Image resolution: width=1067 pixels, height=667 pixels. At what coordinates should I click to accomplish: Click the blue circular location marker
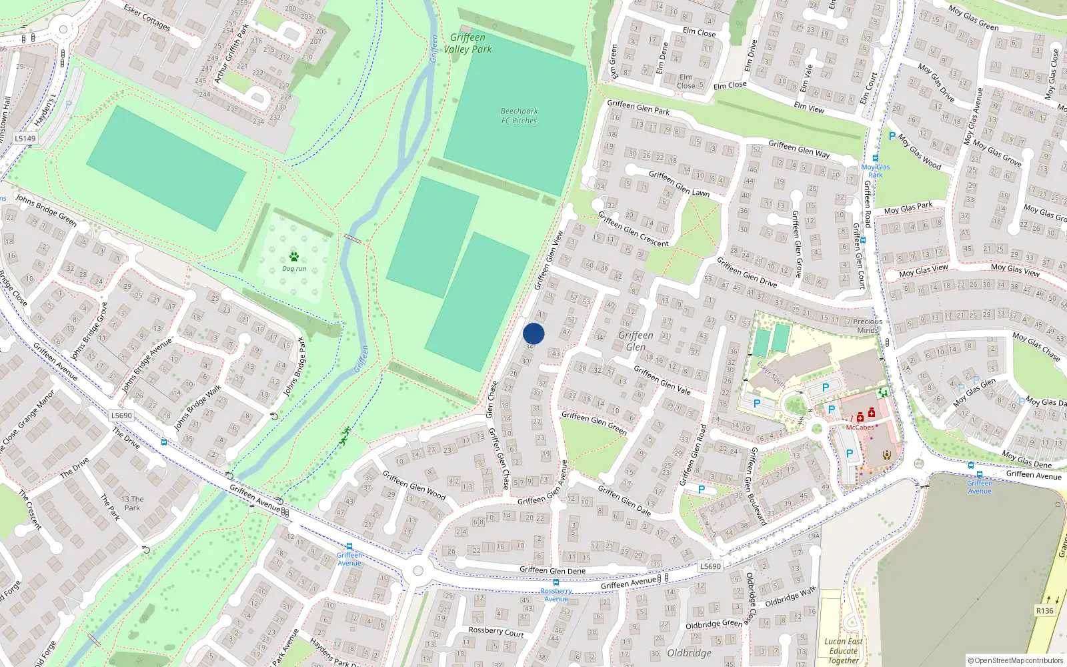click(533, 333)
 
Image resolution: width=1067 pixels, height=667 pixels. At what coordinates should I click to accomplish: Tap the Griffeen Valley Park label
click(467, 43)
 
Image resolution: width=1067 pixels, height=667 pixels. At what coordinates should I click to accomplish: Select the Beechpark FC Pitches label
click(519, 116)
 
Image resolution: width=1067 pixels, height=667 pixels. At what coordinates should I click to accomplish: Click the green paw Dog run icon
click(294, 257)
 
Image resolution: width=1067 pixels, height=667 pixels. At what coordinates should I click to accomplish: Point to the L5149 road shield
click(25, 139)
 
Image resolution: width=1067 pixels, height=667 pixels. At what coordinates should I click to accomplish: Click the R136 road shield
click(1044, 611)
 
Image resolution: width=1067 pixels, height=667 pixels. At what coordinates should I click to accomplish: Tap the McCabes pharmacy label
click(860, 428)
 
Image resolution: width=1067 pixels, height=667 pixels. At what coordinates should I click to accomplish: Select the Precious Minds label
click(867, 325)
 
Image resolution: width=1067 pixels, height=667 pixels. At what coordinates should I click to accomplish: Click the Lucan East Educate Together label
click(844, 651)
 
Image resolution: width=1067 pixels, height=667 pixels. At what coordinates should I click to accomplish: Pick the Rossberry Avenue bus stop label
click(556, 594)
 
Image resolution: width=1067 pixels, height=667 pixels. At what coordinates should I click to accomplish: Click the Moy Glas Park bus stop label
click(875, 171)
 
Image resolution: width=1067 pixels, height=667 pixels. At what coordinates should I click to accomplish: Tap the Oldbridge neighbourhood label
click(689, 653)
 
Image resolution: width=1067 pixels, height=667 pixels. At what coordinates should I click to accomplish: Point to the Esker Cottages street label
click(147, 17)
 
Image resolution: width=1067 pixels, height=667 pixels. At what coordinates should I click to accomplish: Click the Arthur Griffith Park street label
click(231, 53)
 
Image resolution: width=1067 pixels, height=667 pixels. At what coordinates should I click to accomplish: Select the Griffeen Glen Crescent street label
click(633, 229)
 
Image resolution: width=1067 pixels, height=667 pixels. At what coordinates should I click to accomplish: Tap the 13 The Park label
click(132, 503)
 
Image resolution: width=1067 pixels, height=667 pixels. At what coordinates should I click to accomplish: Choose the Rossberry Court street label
click(495, 631)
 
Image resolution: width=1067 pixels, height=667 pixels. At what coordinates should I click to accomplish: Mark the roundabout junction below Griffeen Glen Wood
click(418, 571)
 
